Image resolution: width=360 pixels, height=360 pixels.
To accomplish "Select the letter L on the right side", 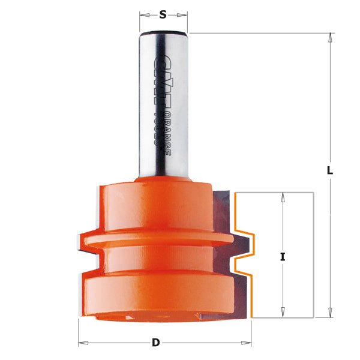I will (329, 170).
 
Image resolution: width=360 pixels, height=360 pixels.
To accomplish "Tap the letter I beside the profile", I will (282, 257).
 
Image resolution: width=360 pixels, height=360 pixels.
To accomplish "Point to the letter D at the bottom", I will (156, 343).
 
